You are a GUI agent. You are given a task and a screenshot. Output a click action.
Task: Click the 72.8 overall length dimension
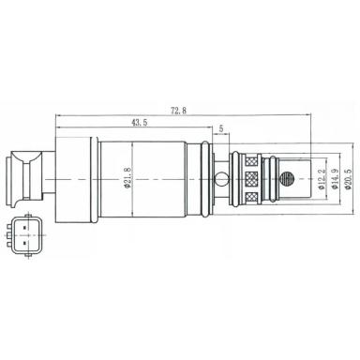177,111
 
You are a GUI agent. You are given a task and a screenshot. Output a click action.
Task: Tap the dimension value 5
220,128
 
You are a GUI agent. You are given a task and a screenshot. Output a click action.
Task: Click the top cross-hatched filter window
250,157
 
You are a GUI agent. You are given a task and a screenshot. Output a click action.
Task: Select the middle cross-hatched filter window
250,178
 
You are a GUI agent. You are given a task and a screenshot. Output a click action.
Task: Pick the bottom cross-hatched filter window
250,199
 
